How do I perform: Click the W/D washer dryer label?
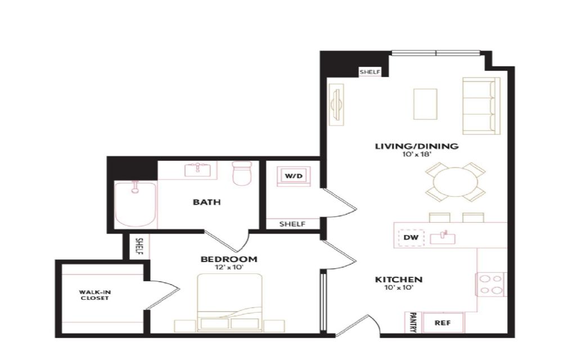click(x=294, y=176)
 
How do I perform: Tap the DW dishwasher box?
click(x=411, y=238)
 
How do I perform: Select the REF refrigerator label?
click(x=443, y=323)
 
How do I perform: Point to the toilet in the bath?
click(x=242, y=173)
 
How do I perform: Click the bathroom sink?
click(x=197, y=170)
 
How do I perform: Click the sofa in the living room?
click(x=481, y=106)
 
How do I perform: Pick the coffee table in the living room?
click(x=425, y=104)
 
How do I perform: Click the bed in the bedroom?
click(x=230, y=303)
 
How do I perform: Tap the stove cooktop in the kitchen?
click(x=492, y=284)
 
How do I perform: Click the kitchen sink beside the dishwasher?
click(x=443, y=238)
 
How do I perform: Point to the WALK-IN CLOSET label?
click(x=94, y=295)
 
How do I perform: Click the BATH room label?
click(x=207, y=202)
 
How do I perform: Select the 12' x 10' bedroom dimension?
click(x=229, y=267)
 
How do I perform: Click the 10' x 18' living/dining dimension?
click(x=417, y=155)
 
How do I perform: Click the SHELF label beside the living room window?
click(x=370, y=72)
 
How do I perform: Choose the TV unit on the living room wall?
click(x=336, y=105)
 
